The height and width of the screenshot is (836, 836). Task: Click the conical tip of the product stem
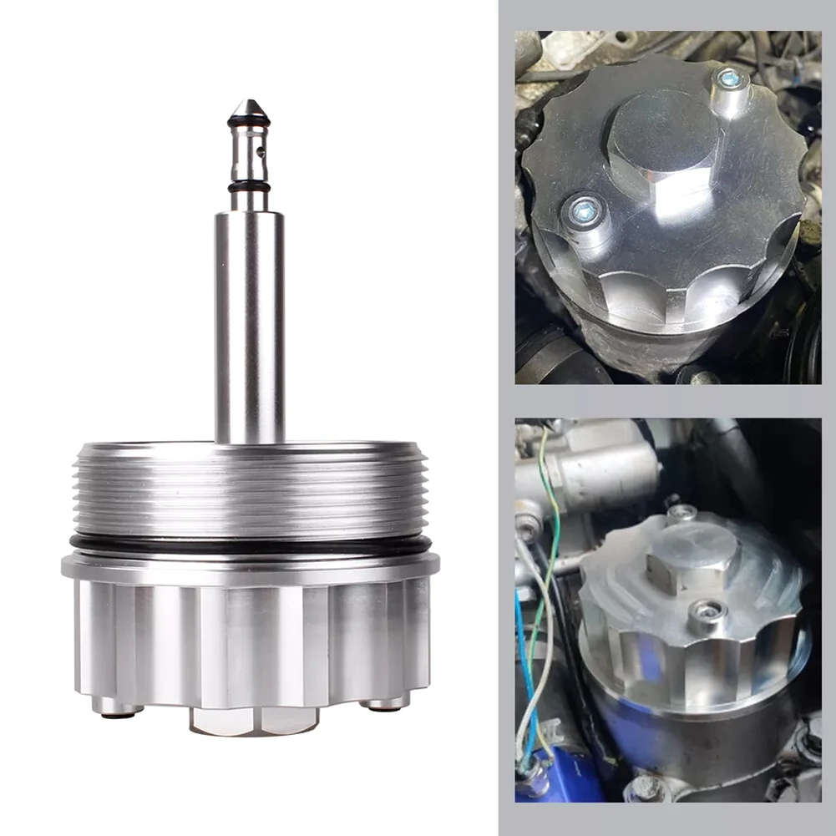pos(249,109)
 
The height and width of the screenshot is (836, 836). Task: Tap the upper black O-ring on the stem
pos(249,123)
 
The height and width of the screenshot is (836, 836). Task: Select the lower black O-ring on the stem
pos(249,187)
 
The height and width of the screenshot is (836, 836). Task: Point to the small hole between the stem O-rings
pos(261,152)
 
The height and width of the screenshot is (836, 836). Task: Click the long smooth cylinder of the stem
pos(249,326)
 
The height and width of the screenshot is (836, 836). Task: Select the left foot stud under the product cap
pos(117,707)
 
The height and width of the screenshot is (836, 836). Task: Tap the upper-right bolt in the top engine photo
pos(730,81)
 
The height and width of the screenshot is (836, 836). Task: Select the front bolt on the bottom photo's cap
pos(709,615)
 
